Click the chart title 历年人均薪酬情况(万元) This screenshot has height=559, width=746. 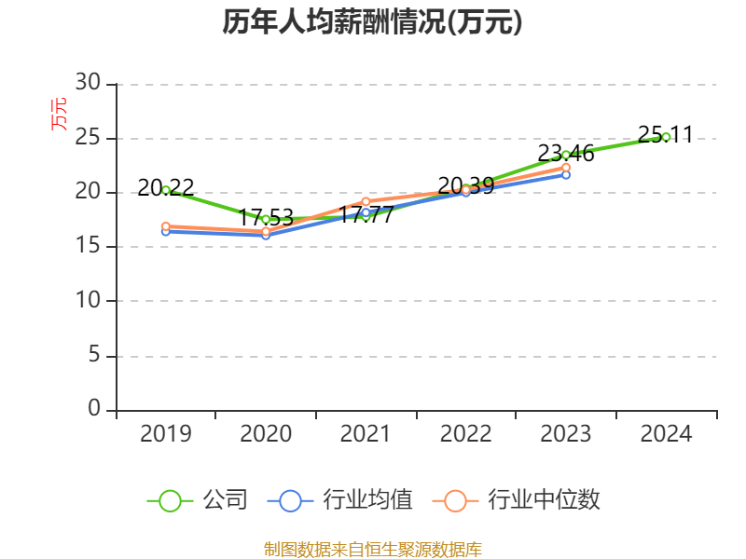(x=372, y=22)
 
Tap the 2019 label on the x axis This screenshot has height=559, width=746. (x=166, y=434)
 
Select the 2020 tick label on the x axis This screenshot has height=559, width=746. (x=266, y=434)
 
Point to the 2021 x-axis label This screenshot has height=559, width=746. (x=366, y=434)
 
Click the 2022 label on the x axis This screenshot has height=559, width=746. (x=465, y=434)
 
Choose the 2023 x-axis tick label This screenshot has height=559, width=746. (x=566, y=434)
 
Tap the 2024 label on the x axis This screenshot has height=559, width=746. (x=666, y=434)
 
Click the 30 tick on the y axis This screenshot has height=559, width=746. (x=88, y=84)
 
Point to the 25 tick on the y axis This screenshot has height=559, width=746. (x=88, y=139)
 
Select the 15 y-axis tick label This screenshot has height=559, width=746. (x=88, y=247)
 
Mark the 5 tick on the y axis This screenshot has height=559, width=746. (x=93, y=356)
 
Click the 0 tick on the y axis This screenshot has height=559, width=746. (x=93, y=409)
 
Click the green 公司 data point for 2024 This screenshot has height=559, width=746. (x=666, y=137)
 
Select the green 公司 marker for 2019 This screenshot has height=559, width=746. (x=166, y=190)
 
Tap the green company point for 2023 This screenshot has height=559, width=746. (x=566, y=155)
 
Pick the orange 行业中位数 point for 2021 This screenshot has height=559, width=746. (x=366, y=201)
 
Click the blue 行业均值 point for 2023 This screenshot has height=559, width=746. (x=566, y=174)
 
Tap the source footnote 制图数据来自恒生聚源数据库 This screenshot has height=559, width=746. (x=372, y=549)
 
